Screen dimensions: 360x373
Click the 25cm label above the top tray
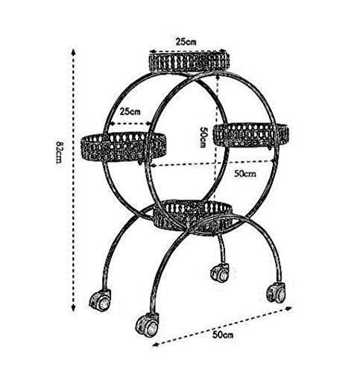pyautogui.click(x=186, y=42)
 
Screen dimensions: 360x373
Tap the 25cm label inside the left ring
pyautogui.click(x=130, y=111)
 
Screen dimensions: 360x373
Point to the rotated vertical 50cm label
pyautogui.click(x=203, y=137)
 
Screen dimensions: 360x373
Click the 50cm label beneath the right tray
pyautogui.click(x=245, y=173)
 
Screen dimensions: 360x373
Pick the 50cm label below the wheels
pyautogui.click(x=223, y=335)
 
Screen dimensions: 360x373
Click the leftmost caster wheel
pyautogui.click(x=100, y=300)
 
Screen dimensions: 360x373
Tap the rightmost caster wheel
pyautogui.click(x=277, y=292)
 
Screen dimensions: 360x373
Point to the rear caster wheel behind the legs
pyautogui.click(x=220, y=272)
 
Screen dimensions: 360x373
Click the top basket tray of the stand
pyautogui.click(x=189, y=61)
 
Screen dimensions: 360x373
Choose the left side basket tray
pyautogui.click(x=124, y=146)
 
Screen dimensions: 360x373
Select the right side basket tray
pyautogui.click(x=251, y=134)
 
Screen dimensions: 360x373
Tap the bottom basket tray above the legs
pyautogui.click(x=193, y=218)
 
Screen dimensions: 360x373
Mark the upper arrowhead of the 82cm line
pyautogui.click(x=73, y=52)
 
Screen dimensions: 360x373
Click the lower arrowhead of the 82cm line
pyautogui.click(x=73, y=308)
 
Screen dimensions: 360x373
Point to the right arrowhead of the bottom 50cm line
pyautogui.click(x=288, y=308)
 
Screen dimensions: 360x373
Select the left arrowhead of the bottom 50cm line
pyautogui.click(x=156, y=345)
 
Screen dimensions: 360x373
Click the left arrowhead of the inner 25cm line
pyautogui.click(x=113, y=124)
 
